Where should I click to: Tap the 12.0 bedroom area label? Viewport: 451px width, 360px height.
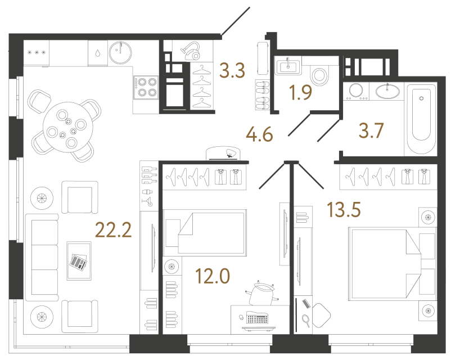213,276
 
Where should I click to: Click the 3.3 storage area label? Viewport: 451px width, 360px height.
232,71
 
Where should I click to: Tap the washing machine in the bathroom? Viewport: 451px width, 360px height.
356,91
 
